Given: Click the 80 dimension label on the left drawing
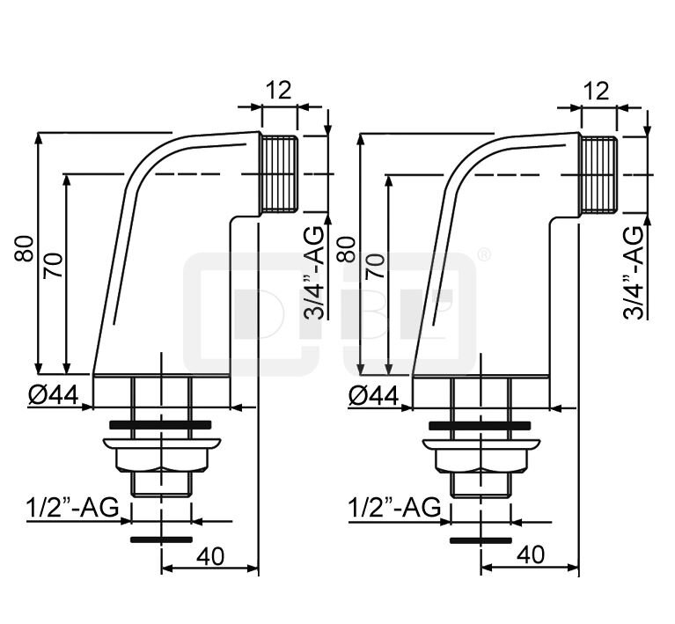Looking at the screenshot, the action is pyautogui.click(x=24, y=248).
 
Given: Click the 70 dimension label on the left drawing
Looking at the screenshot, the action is pyautogui.click(x=53, y=266).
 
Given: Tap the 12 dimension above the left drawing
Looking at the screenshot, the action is pyautogui.click(x=278, y=90).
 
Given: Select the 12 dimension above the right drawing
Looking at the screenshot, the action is pyautogui.click(x=597, y=91).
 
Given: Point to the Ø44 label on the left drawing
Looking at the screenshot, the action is pyautogui.click(x=54, y=394).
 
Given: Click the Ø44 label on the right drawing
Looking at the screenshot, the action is pyautogui.click(x=373, y=395).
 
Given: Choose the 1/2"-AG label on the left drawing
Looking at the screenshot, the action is pyautogui.click(x=72, y=507).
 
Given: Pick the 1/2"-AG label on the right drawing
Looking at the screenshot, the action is pyautogui.click(x=394, y=507).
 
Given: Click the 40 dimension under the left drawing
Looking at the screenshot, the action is pyautogui.click(x=210, y=556).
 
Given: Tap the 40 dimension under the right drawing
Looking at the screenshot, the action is pyautogui.click(x=531, y=555).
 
